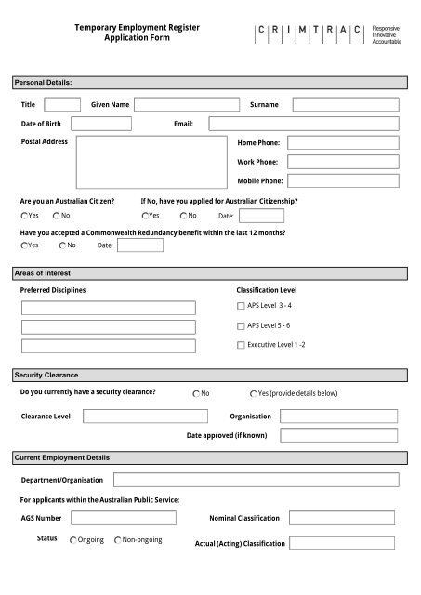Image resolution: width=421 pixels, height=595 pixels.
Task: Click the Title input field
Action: pyautogui.click(x=62, y=104)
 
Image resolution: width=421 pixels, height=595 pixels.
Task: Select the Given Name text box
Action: pyautogui.click(x=182, y=104)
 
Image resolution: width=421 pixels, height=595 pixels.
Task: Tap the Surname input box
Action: pyautogui.click(x=345, y=104)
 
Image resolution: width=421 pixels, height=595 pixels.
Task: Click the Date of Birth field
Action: pyautogui.click(x=101, y=124)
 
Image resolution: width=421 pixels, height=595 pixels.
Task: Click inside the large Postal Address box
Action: pyautogui.click(x=151, y=163)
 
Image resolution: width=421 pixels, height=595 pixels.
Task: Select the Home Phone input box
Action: pyautogui.click(x=343, y=143)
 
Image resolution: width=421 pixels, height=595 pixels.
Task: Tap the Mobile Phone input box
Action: pyautogui.click(x=343, y=181)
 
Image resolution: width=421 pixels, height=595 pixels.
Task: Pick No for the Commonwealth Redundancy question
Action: pyautogui.click(x=61, y=245)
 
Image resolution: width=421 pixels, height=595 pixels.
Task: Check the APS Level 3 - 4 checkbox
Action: pyautogui.click(x=241, y=305)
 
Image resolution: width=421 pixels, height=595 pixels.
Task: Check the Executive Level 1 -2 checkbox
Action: pyautogui.click(x=241, y=345)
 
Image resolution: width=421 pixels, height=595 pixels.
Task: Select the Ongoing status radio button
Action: pyautogui.click(x=73, y=539)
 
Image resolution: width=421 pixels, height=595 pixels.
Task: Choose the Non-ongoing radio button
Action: pyautogui.click(x=118, y=539)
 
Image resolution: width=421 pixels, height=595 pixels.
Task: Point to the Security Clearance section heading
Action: pyautogui.click(x=46, y=374)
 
